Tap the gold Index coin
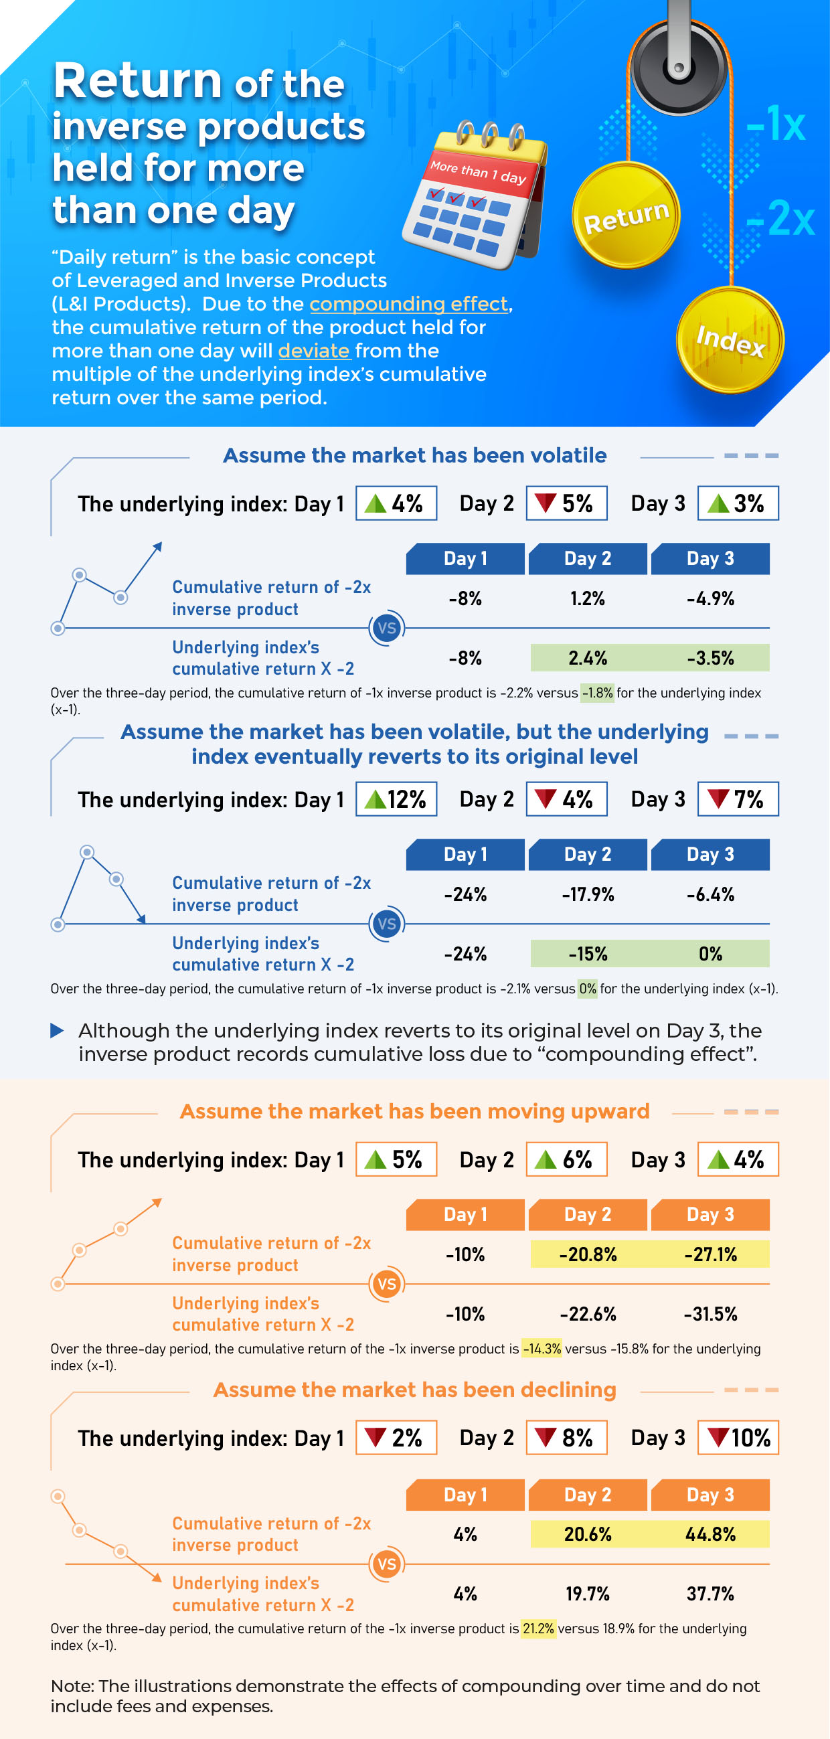[x=730, y=340]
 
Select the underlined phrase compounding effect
[x=408, y=304]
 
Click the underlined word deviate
[x=314, y=351]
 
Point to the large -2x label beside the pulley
[x=780, y=219]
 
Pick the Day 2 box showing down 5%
[x=566, y=503]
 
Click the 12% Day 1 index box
[x=396, y=799]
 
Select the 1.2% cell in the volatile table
[x=588, y=599]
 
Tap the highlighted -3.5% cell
[x=710, y=658]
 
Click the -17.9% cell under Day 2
[x=588, y=895]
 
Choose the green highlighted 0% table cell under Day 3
[x=710, y=954]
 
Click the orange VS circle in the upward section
[x=386, y=1284]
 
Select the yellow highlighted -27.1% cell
[x=710, y=1254]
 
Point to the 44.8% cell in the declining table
[x=710, y=1534]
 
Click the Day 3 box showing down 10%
[x=738, y=1438]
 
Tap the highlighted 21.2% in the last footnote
[x=538, y=1629]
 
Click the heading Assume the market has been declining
[x=414, y=1390]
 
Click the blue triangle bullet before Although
[x=58, y=1030]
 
